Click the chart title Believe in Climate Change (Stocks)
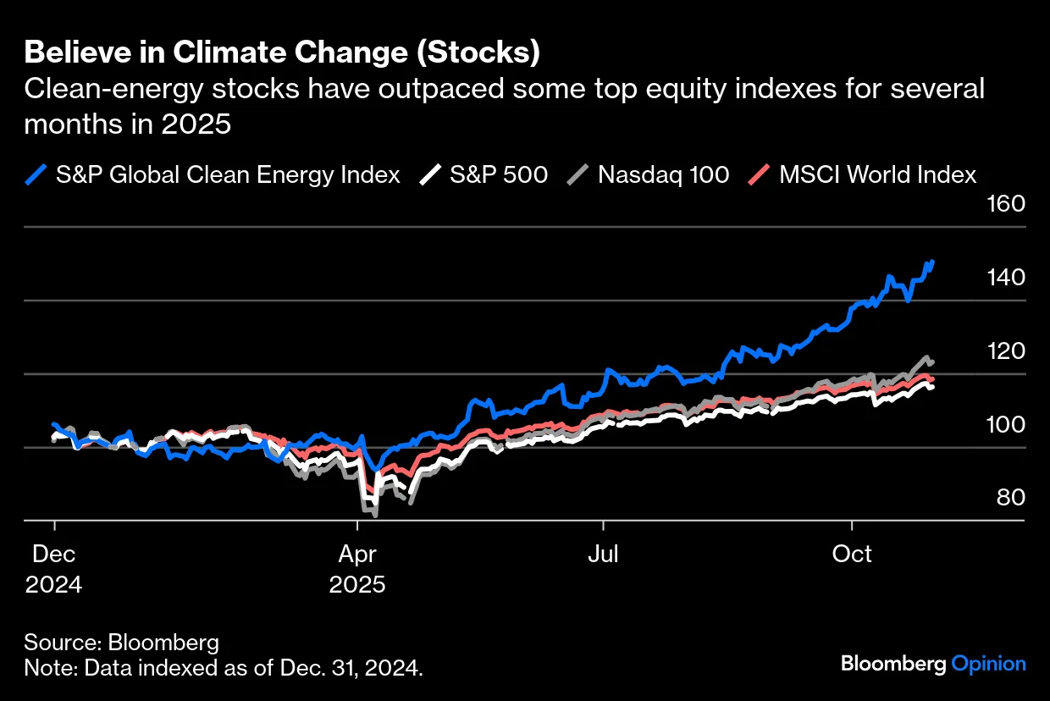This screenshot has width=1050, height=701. click(x=282, y=52)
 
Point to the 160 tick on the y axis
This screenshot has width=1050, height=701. click(x=1006, y=205)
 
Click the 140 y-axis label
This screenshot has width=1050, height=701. click(x=1006, y=278)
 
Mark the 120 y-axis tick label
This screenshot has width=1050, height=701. click(x=1006, y=351)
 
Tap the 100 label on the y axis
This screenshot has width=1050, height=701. click(x=1006, y=425)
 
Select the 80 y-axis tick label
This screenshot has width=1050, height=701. click(x=1009, y=498)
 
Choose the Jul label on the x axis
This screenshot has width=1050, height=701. click(x=603, y=555)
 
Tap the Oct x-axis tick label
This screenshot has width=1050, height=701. click(x=853, y=555)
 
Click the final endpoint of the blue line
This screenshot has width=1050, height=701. click(x=932, y=262)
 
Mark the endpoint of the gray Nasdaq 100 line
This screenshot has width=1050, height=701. click(x=931, y=362)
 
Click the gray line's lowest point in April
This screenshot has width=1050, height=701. click(x=373, y=513)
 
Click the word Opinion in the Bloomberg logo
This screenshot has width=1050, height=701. click(x=988, y=664)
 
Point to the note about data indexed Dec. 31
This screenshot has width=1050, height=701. click(x=224, y=668)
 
